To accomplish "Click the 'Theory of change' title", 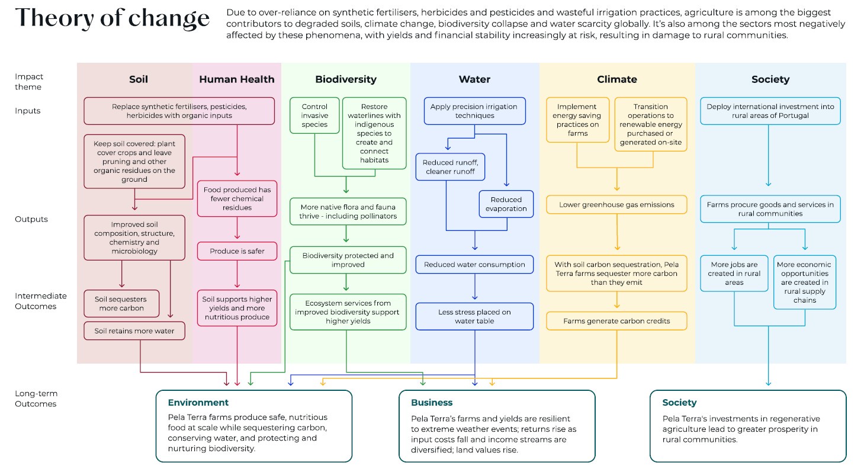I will pos(113,18).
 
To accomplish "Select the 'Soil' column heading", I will pos(139,79).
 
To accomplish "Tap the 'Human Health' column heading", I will pos(236,79).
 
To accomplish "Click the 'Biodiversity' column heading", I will pos(345,79).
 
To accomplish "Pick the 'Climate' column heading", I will pos(616,79).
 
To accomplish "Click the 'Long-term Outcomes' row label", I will pos(36,399).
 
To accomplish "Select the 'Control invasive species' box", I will pos(314,116).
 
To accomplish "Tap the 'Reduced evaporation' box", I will pos(506,204).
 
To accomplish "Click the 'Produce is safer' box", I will pos(237,251).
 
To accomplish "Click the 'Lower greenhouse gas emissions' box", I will pos(616,205).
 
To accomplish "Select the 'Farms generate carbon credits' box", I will pos(616,321).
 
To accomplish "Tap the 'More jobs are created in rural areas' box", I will pos(734,274).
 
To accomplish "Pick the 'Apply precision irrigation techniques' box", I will pos(474,111).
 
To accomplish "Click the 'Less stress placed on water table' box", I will pos(474,316).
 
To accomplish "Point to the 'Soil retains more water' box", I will pos(134,331).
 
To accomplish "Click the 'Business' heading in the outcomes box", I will pos(432,403).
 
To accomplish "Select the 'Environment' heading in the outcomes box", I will pos(198,403).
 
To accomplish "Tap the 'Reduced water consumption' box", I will pos(474,265).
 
